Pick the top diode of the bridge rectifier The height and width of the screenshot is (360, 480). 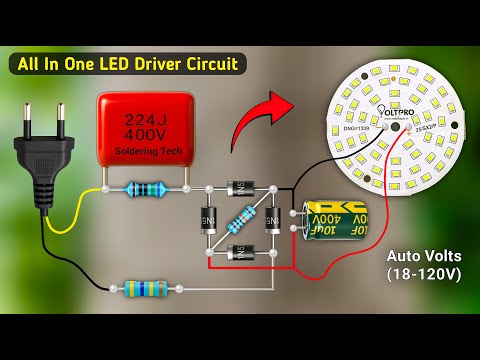[x=240, y=187]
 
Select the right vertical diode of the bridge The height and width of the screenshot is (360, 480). [x=270, y=222]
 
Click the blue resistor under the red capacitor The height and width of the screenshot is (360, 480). [x=144, y=188]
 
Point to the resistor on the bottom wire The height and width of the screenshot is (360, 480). [x=146, y=289]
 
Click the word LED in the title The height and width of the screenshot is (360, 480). [x=112, y=65]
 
